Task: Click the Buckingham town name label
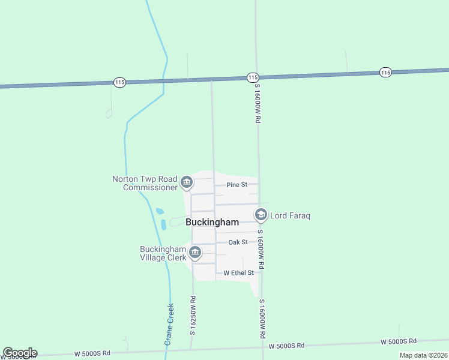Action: [x=212, y=222]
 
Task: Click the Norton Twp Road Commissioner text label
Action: [x=145, y=183]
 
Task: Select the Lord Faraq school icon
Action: [x=261, y=214]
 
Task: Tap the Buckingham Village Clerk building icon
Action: [x=194, y=253]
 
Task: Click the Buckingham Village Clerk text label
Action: [x=162, y=253]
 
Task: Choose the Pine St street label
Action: [x=237, y=185]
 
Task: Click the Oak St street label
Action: [x=238, y=242]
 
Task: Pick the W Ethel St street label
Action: [x=239, y=272]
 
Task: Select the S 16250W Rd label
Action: [x=193, y=315]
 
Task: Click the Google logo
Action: [x=20, y=353]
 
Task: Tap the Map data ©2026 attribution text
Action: [x=423, y=355]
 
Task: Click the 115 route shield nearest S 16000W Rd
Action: [x=252, y=77]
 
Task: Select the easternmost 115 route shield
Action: [x=385, y=72]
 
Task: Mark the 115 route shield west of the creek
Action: [x=119, y=82]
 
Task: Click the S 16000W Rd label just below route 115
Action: [x=257, y=103]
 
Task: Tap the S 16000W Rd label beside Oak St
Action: [x=261, y=248]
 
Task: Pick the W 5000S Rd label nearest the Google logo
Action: [x=91, y=353]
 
